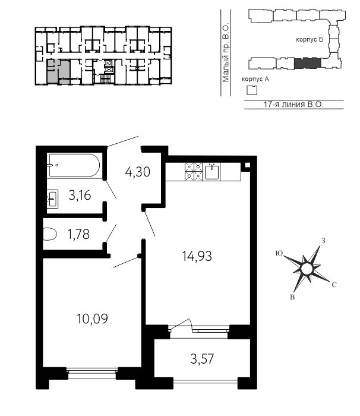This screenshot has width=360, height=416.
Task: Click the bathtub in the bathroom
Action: (74, 165)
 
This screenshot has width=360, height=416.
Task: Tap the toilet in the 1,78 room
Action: (50, 234)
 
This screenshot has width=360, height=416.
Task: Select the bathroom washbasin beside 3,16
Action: (52, 198)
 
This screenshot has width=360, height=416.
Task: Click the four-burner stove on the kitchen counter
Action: (194, 171)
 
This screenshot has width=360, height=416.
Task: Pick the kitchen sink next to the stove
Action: (212, 172)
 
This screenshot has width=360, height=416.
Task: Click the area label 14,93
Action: (197, 257)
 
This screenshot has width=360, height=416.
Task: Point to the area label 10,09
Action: (92, 319)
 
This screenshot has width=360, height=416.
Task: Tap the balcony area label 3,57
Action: (202, 359)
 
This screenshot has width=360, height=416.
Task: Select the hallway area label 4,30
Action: (138, 172)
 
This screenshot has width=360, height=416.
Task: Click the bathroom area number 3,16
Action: (80, 196)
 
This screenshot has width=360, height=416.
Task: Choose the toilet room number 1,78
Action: (78, 235)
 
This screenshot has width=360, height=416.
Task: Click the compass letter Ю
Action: (279, 253)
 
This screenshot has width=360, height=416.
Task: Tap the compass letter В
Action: (292, 297)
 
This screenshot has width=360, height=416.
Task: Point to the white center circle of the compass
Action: (307, 269)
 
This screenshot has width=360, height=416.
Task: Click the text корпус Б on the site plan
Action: (310, 40)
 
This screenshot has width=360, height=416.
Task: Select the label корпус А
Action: (255, 79)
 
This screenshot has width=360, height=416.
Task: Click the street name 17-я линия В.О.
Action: (293, 104)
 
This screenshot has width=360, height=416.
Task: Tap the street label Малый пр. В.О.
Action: (226, 54)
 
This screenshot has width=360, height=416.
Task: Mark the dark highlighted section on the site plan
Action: (308, 63)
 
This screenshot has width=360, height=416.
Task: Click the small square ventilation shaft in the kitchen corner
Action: (247, 165)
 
